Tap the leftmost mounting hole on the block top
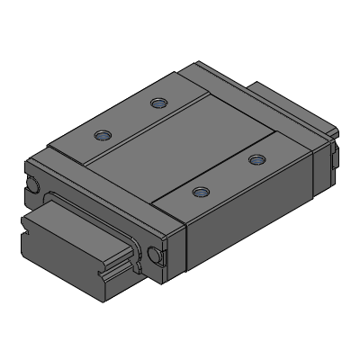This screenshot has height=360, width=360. coord(103,136)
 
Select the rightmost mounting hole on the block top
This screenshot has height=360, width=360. coord(257,159)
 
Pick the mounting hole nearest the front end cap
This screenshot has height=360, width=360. coord(200,192)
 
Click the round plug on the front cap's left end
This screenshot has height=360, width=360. coord(33,185)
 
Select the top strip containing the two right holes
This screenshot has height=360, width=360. coord(229,175)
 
